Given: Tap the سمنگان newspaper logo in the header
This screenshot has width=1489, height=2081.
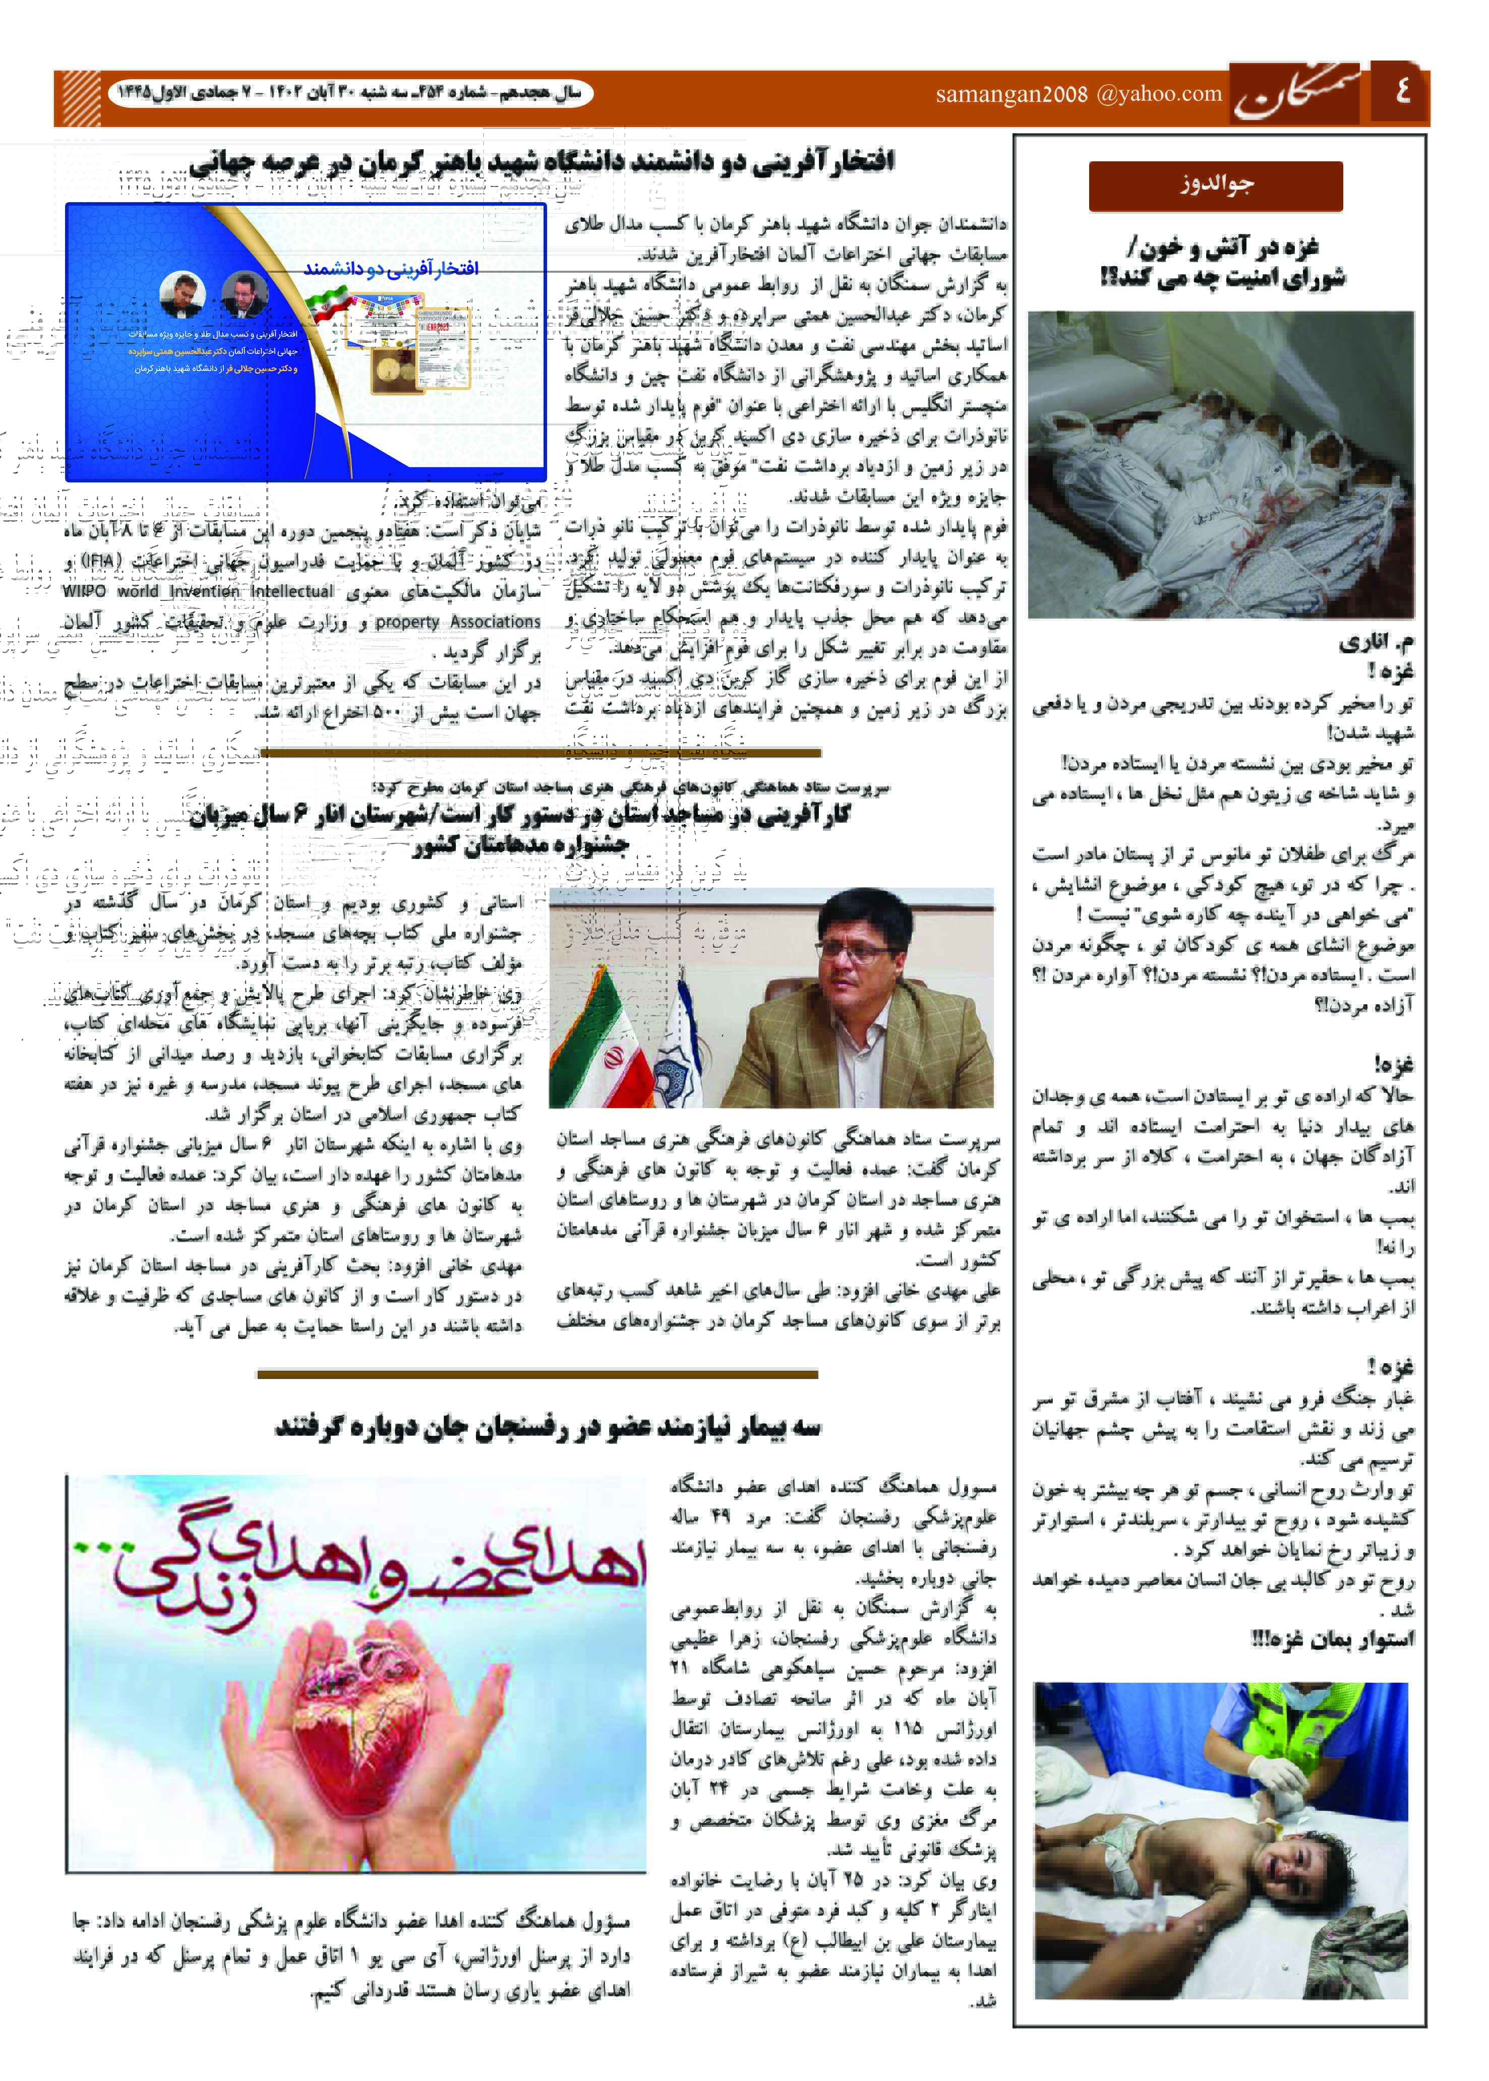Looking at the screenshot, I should tap(1299, 94).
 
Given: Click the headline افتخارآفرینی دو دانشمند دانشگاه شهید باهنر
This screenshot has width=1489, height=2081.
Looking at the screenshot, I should tap(541, 162).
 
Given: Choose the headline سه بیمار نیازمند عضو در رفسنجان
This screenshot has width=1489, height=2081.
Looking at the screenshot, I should tap(548, 1427).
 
